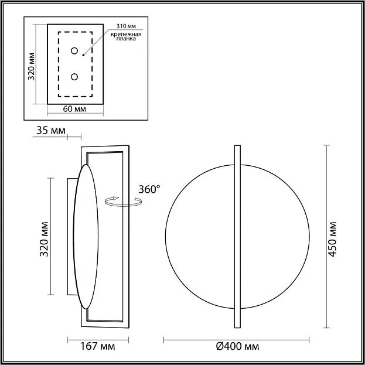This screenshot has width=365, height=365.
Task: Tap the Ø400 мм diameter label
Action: (237, 347)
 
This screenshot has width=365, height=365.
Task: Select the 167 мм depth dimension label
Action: (97, 346)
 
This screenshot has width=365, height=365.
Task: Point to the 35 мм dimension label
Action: (51, 131)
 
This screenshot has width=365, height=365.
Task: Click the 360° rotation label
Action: (149, 189)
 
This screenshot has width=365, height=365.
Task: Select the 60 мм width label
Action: (74, 109)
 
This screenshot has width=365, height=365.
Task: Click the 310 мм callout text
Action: (126, 26)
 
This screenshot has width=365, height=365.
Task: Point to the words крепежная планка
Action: (126, 36)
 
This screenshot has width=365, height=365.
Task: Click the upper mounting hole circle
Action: (74, 51)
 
